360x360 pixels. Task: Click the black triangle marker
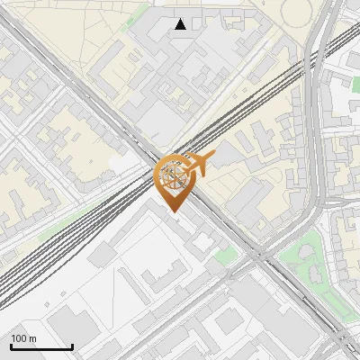coord(181,24)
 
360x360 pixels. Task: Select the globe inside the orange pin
coord(174,175)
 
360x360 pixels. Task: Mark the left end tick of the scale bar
coord(11,346)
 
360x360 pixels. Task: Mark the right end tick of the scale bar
coord(72,346)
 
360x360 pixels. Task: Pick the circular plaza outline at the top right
coord(296,10)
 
